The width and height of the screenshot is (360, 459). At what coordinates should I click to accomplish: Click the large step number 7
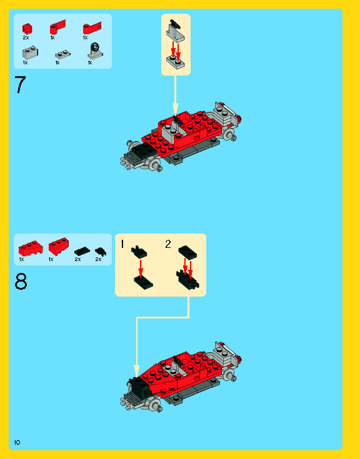(x=20, y=84)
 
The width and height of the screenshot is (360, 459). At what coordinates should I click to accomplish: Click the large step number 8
(x=21, y=281)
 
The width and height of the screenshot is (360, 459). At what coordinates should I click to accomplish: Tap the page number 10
(x=17, y=442)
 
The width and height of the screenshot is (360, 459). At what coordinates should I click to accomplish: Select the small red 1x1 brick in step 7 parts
(x=27, y=29)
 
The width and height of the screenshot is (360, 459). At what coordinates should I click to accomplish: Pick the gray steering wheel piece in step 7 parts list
(x=95, y=51)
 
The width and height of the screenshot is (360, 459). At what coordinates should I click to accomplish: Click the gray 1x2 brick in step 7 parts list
(x=30, y=53)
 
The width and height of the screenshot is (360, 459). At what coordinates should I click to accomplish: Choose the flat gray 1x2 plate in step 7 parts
(x=62, y=54)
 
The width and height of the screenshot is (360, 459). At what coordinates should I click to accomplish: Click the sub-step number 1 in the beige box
(x=122, y=244)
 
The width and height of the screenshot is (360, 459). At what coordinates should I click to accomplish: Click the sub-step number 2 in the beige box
(x=168, y=244)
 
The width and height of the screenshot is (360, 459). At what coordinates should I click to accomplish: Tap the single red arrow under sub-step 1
(x=141, y=269)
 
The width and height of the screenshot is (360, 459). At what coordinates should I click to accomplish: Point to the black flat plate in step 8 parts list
(x=82, y=251)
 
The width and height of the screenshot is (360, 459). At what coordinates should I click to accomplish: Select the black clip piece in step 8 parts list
(x=101, y=252)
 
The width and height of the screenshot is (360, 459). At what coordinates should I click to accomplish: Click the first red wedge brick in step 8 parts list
(x=31, y=249)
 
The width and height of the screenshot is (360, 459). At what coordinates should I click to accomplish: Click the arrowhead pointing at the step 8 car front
(x=136, y=370)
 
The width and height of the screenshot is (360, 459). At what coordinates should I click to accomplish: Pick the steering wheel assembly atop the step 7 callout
(x=176, y=30)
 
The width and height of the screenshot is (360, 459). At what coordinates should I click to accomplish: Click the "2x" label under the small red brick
(x=26, y=37)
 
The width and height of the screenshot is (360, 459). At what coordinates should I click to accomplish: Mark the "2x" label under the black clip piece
(x=98, y=259)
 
